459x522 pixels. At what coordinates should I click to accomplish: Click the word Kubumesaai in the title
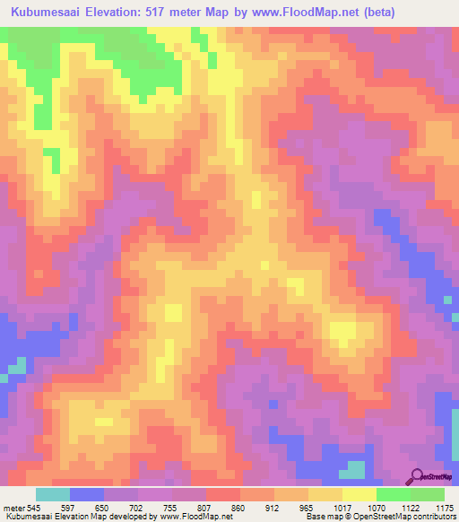click(44, 12)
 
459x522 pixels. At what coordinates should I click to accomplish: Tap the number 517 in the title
click(158, 12)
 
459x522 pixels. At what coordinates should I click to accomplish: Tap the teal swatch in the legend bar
click(53, 494)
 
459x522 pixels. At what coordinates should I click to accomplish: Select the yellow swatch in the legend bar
click(359, 494)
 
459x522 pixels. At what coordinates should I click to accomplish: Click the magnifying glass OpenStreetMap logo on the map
click(418, 475)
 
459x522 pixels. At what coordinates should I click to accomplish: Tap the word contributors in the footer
click(433, 517)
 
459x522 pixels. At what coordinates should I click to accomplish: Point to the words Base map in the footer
click(319, 517)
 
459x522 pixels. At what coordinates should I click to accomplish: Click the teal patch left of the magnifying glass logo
click(355, 469)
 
